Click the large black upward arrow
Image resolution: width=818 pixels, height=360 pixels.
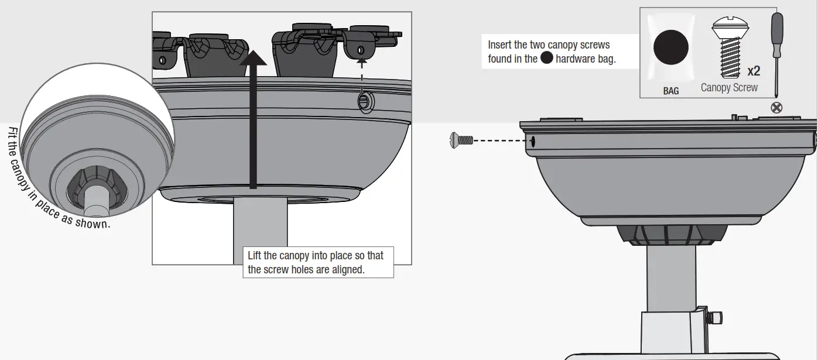(x=253, y=117)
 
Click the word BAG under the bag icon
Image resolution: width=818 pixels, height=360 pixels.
(x=671, y=91)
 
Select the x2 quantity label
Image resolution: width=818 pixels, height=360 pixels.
(x=754, y=71)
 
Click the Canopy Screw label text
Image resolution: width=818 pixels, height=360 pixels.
(x=729, y=88)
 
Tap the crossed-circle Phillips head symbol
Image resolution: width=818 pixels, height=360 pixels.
(x=778, y=108)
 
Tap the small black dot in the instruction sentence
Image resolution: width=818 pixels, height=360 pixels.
(x=546, y=58)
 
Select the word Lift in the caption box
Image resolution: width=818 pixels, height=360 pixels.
(x=255, y=256)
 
